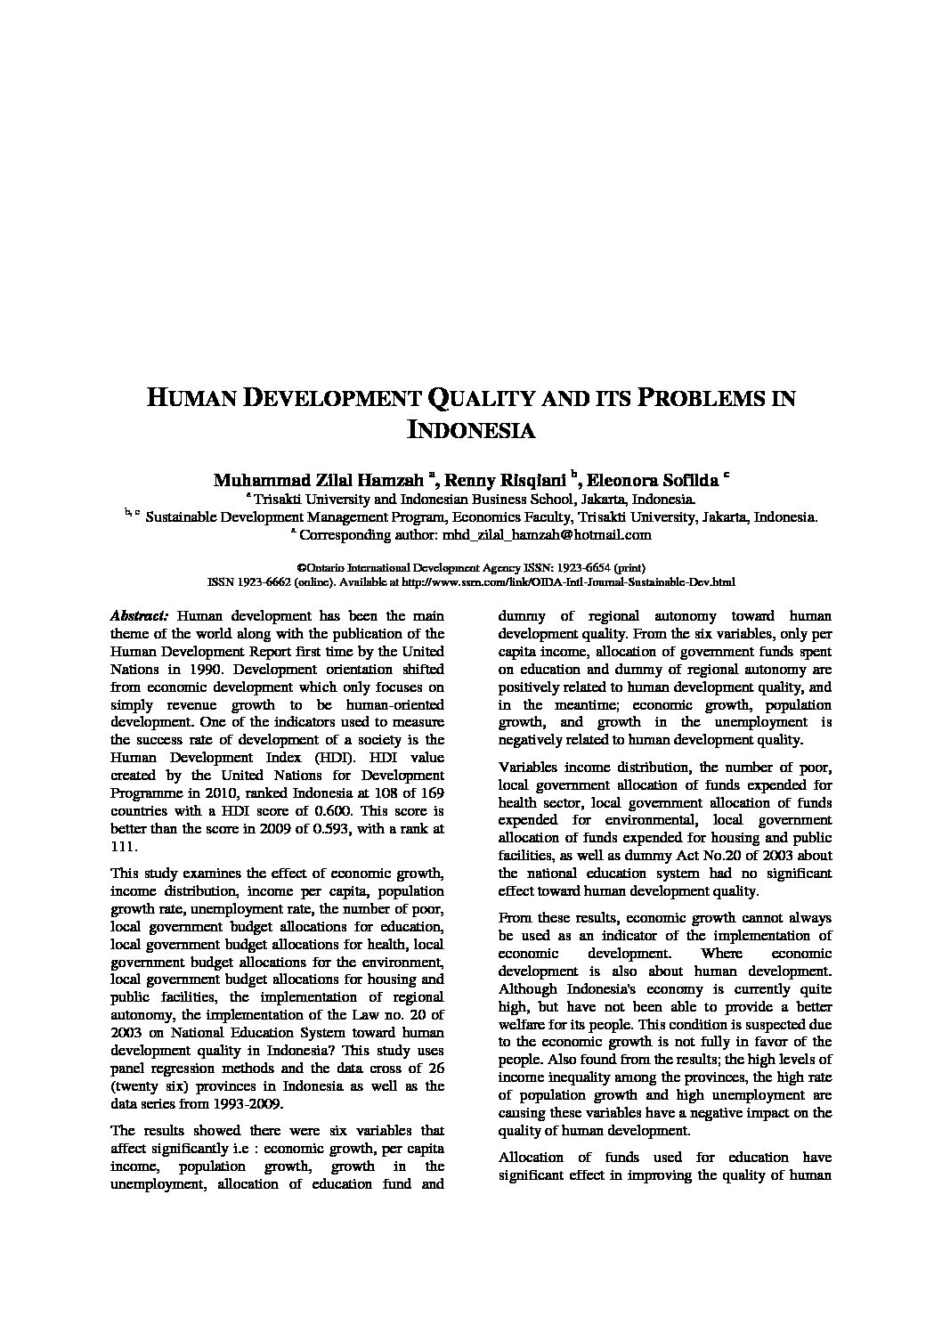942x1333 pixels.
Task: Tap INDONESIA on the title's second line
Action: pos(470,430)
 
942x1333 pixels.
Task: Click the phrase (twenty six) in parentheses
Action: pos(147,1086)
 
